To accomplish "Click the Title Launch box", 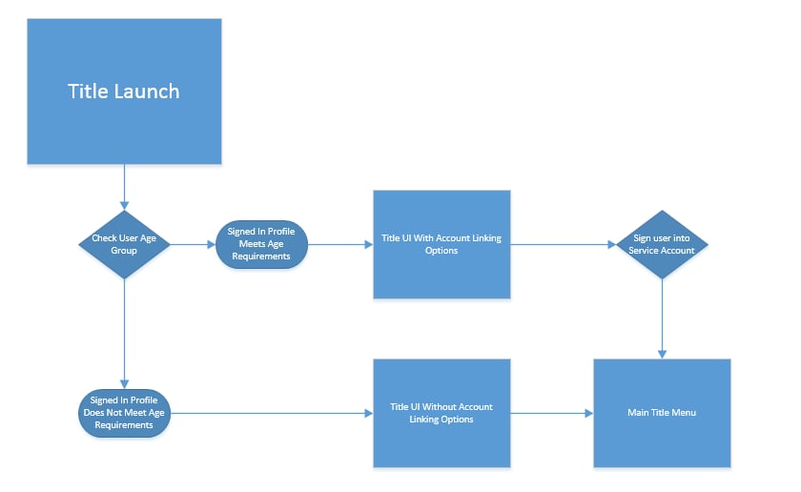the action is point(124,92).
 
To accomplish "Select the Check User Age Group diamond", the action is point(124,244).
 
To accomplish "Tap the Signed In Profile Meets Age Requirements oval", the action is point(261,244).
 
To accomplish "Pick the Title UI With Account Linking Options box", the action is point(442,244).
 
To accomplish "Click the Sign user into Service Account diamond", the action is point(662,244).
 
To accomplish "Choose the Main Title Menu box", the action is point(662,413).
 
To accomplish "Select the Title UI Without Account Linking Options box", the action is point(442,413).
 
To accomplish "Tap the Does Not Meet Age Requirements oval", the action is point(124,413).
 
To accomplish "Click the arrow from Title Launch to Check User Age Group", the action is point(124,187).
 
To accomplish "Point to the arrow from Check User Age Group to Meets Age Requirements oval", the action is point(193,244).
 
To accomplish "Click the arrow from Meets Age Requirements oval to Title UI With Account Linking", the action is point(340,244).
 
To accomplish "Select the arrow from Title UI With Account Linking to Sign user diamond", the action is point(563,244).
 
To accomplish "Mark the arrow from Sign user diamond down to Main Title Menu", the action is point(662,318).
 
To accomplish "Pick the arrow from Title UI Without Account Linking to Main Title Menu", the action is point(552,413).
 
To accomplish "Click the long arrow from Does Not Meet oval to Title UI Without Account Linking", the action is point(272,413).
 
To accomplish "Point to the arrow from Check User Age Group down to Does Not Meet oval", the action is point(124,334).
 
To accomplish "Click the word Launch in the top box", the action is point(147,92).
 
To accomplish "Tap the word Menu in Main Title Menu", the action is point(684,412).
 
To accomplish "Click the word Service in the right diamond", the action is point(643,251).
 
